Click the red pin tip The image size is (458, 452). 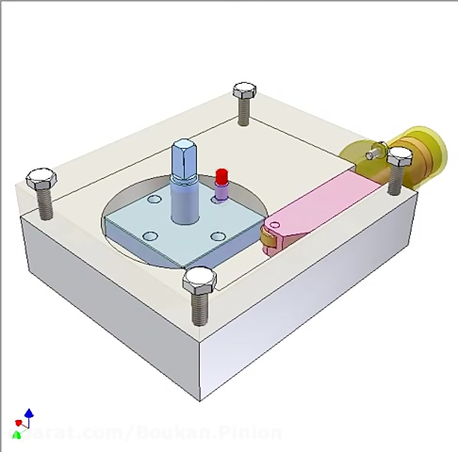pos(221,176)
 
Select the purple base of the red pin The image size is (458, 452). pos(221,192)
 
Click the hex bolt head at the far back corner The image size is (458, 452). pos(244,92)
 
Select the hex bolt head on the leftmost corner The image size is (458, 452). pos(41,179)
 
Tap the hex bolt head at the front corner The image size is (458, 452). pos(199,279)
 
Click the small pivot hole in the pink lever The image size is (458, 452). pos(275,224)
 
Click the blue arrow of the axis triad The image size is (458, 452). pos(29,412)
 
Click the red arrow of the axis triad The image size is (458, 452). pos(19,423)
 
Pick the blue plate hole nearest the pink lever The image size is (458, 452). pos(218,236)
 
